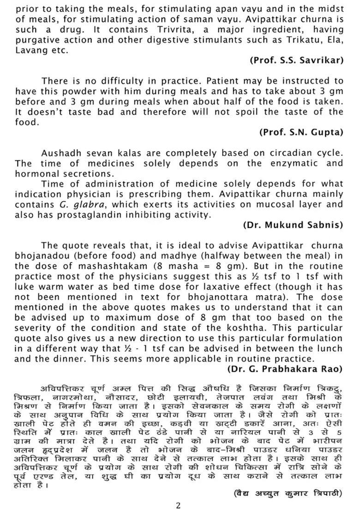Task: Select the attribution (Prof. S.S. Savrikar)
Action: click(297, 60)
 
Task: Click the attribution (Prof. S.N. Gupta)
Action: click(301, 132)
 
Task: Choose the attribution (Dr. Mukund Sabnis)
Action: click(293, 225)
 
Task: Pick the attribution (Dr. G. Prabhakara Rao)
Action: click(285, 369)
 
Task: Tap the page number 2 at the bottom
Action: click(179, 505)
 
